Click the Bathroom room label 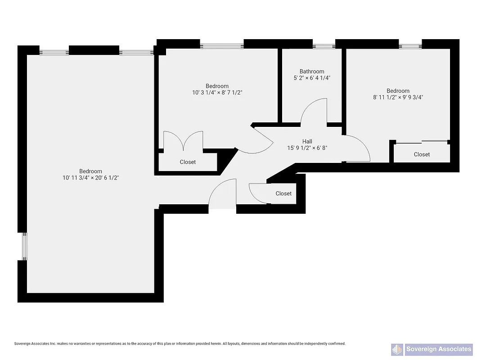[312, 72]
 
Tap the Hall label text [307, 141]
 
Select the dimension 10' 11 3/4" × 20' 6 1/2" [90, 178]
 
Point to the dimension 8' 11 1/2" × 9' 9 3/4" [398, 97]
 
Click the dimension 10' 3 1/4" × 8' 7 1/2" [217, 93]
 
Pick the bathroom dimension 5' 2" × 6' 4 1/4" [312, 78]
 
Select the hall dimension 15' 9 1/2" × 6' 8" [307, 148]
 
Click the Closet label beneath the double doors [188, 162]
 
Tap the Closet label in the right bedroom [422, 154]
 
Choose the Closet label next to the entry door [283, 193]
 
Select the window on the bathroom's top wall [324, 46]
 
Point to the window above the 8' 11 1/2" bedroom [410, 46]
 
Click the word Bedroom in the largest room [90, 171]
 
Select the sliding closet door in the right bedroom [422, 143]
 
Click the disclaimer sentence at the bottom [180, 343]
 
